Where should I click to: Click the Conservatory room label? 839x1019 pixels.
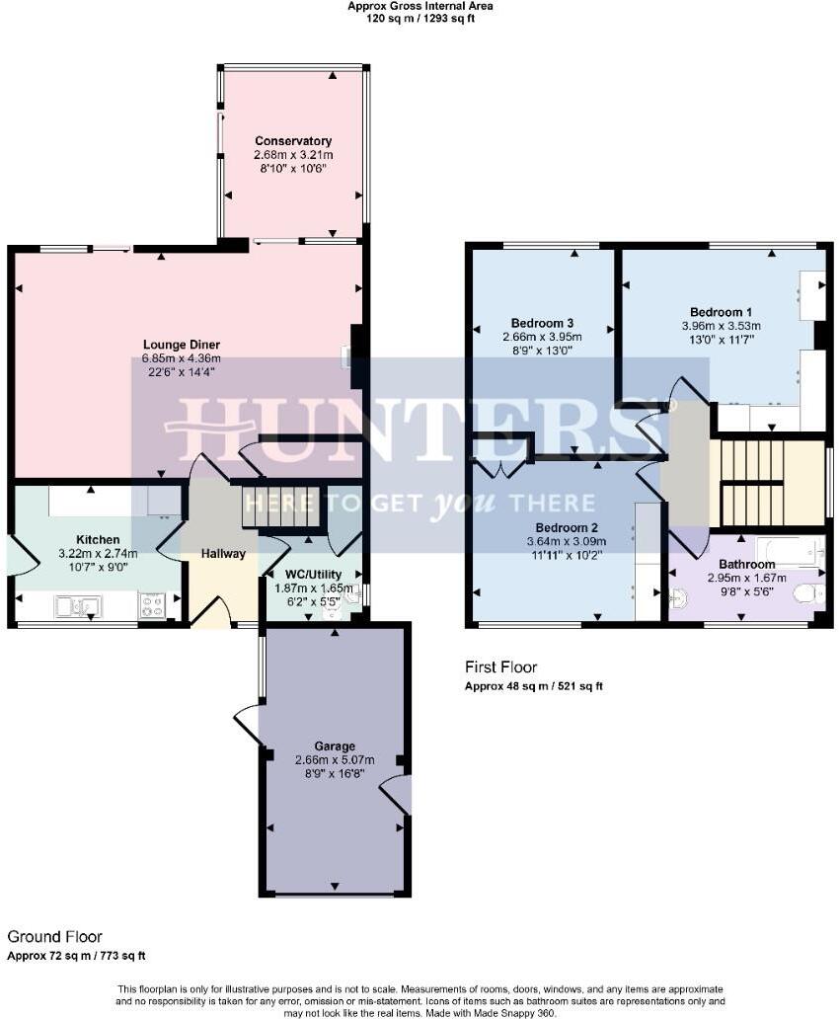293,141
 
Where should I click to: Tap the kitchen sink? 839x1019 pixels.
78,606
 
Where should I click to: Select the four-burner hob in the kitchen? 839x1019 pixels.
153,605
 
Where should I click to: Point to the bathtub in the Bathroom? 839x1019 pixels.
790,551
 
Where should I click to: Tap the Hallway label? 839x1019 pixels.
223,554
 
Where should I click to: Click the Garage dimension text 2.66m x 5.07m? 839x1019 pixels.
334,760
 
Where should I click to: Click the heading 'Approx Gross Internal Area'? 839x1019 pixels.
419,6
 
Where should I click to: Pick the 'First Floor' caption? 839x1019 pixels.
501,667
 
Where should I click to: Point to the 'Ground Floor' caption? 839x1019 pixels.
54,936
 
